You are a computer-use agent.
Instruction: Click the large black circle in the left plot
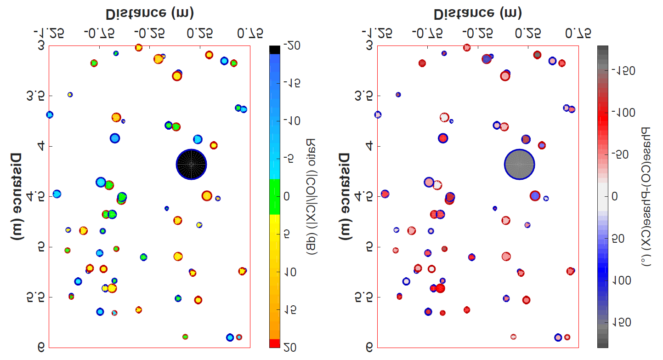point(192,165)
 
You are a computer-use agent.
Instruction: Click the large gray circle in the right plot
point(520,165)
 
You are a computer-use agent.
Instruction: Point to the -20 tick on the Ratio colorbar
point(292,45)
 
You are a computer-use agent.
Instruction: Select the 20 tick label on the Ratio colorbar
point(292,348)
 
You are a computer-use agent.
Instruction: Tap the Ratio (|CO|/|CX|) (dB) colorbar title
point(311,197)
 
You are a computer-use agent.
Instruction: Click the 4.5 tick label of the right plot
point(363,197)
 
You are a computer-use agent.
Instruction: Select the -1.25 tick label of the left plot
point(48,33)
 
